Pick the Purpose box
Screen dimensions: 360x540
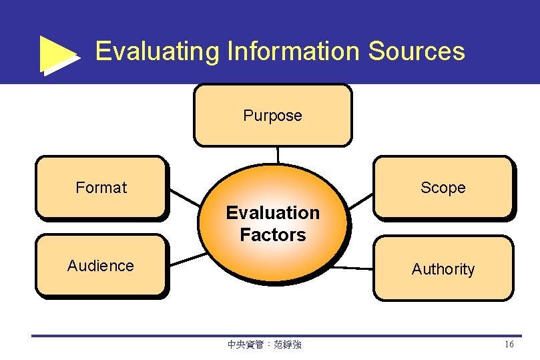(x=272, y=115)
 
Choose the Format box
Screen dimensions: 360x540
(x=101, y=188)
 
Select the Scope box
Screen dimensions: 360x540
(x=443, y=188)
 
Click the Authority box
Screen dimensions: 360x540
(x=443, y=268)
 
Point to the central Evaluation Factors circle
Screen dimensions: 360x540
(x=273, y=224)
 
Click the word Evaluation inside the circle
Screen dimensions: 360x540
(x=273, y=213)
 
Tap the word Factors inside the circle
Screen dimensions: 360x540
(x=273, y=235)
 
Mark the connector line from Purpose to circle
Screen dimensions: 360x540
(x=277, y=155)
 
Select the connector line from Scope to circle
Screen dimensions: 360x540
(x=361, y=200)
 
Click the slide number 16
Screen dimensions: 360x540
(x=509, y=345)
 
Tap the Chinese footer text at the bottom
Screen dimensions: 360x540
(x=264, y=345)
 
